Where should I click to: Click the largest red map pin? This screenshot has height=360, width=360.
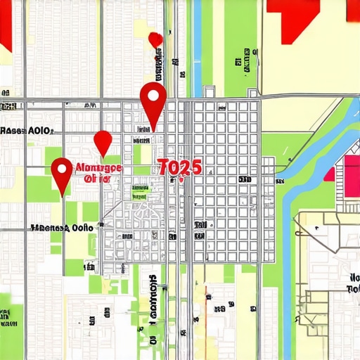[153, 100]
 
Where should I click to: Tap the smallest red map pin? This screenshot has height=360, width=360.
[156, 39]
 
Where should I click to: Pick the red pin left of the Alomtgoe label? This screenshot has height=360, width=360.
[63, 172]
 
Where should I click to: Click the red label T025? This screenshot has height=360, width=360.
[179, 167]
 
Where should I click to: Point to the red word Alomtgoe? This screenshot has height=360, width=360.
[98, 168]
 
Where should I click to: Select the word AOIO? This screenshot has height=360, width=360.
[41, 131]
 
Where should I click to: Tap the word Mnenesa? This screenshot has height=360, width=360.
[49, 228]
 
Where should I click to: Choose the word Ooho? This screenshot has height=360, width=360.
[83, 228]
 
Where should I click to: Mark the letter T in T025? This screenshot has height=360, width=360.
[162, 167]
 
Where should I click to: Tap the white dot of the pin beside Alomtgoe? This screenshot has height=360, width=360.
[63, 168]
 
